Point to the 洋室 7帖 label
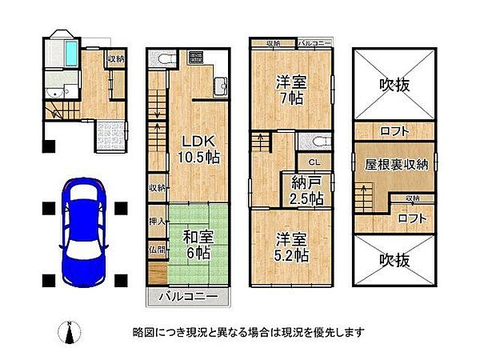point(290,89)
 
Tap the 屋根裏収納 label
point(396,164)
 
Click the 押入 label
point(157,221)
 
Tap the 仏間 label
point(157,250)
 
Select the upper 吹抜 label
point(395,82)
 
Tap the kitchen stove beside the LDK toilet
point(196,58)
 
